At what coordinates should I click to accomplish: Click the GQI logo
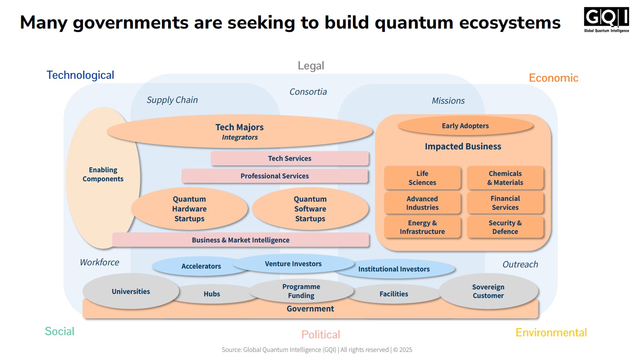point(606,19)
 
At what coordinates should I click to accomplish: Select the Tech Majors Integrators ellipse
point(240,132)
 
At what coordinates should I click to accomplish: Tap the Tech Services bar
point(290,158)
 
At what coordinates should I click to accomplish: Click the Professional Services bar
point(275,176)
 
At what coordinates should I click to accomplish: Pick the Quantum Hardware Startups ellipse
point(189,209)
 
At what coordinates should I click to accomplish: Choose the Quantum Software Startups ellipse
point(310,209)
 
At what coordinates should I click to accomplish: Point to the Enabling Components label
point(103,174)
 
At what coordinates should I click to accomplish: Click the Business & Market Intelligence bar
point(241,240)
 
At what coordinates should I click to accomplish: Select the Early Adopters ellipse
point(465,126)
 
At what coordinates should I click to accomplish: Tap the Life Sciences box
point(422,178)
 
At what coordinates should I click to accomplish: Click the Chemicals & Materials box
point(505,178)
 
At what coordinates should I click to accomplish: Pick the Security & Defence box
point(505,227)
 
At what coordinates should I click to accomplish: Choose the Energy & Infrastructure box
point(422,227)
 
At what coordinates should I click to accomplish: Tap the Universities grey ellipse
point(131,291)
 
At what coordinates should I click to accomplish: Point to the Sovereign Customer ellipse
point(488,291)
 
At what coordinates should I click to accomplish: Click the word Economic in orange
point(553,78)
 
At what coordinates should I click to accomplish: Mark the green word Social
point(60,331)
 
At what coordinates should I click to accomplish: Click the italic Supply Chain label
point(172,100)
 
